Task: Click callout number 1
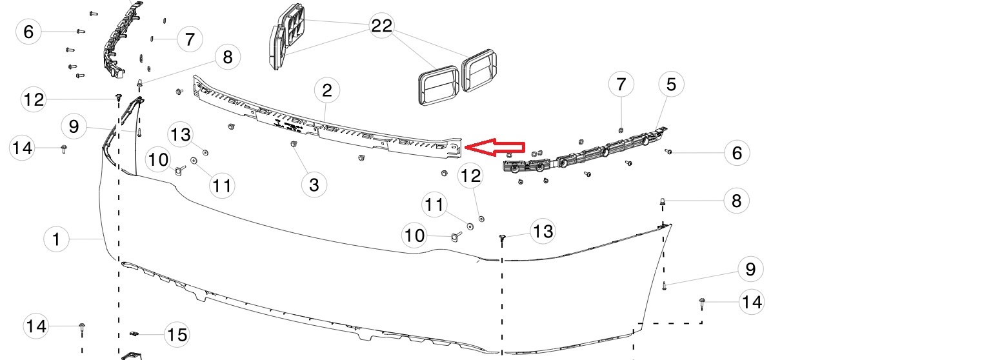point(57,239)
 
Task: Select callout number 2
point(327,90)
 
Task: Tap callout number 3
point(314,185)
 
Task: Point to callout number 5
point(671,84)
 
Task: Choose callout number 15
point(177,335)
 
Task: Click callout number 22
point(381,25)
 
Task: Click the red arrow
point(494,147)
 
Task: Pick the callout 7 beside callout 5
point(621,84)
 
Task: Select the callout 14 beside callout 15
point(36,326)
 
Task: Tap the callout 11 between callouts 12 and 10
point(434,205)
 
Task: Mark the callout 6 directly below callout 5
point(737,153)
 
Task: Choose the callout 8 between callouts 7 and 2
point(228,57)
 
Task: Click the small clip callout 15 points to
point(134,334)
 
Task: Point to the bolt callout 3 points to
point(294,144)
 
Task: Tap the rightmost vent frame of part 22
point(479,70)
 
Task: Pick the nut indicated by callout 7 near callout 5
point(621,130)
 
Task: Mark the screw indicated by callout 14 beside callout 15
point(81,329)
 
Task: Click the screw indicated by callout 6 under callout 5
point(668,151)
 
